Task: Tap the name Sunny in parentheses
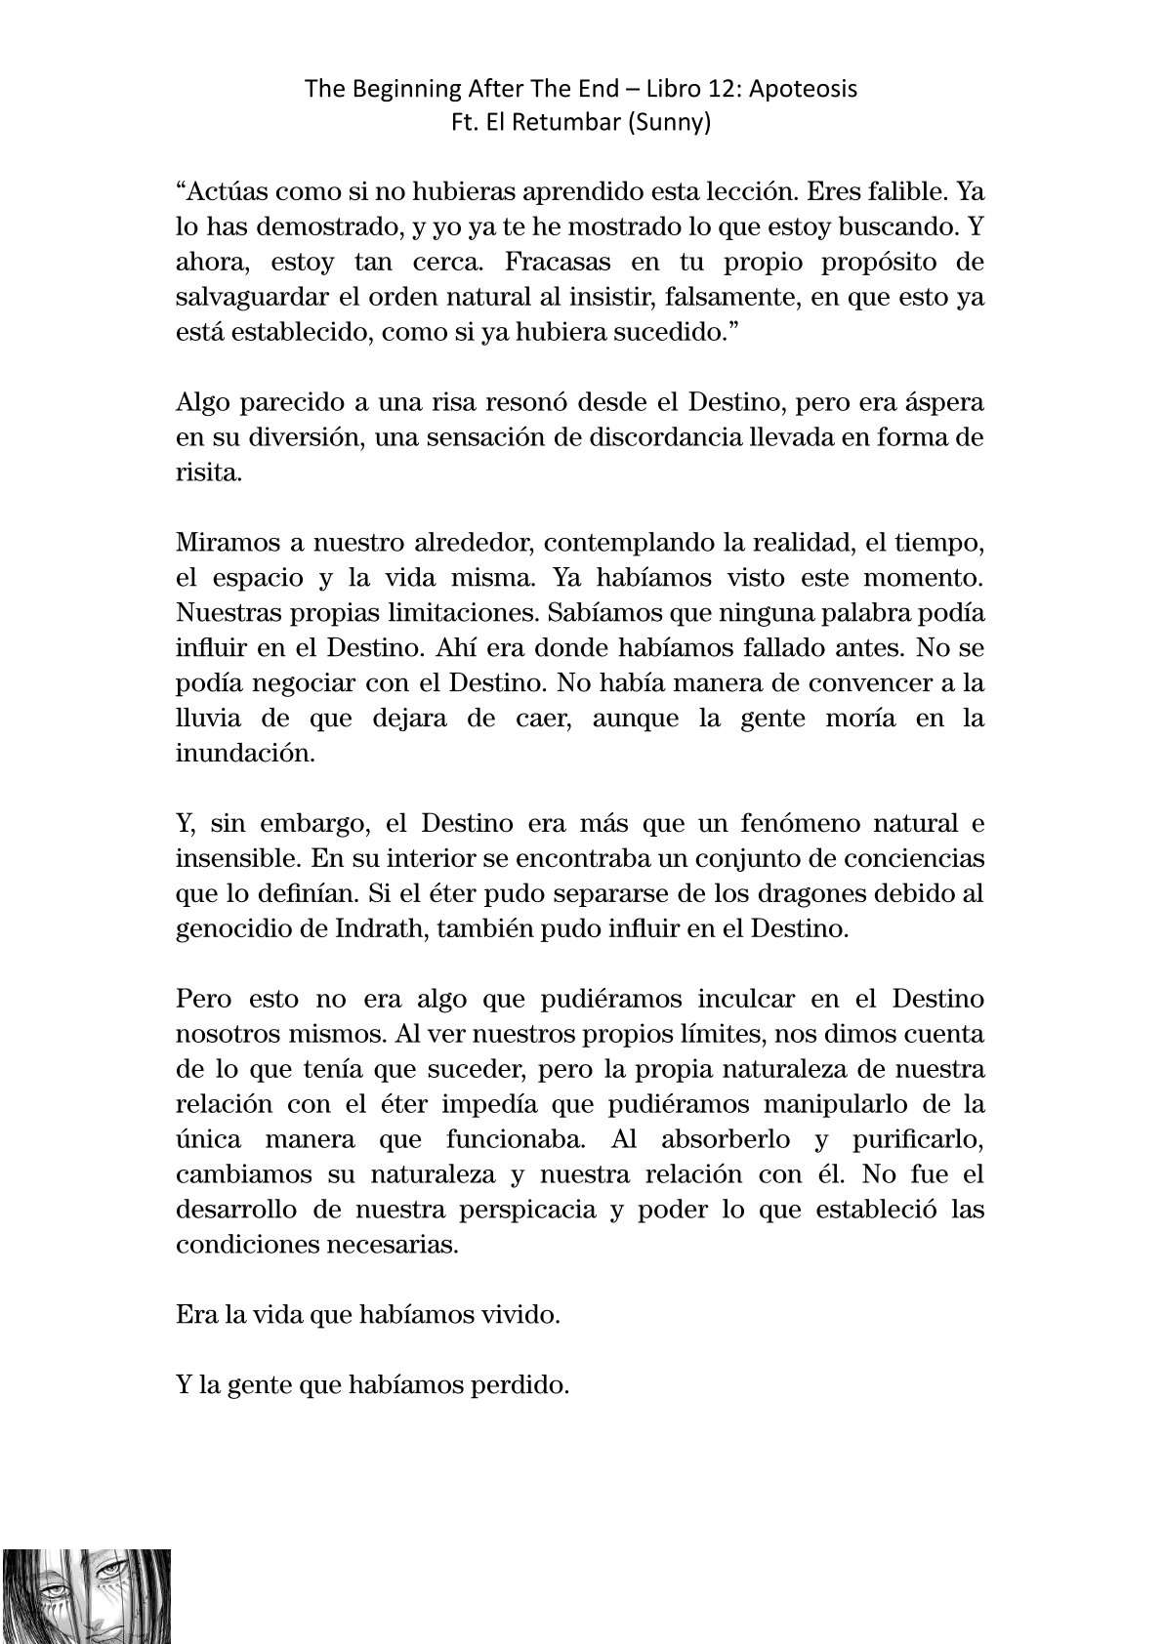tap(674, 124)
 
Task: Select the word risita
tap(206, 473)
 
